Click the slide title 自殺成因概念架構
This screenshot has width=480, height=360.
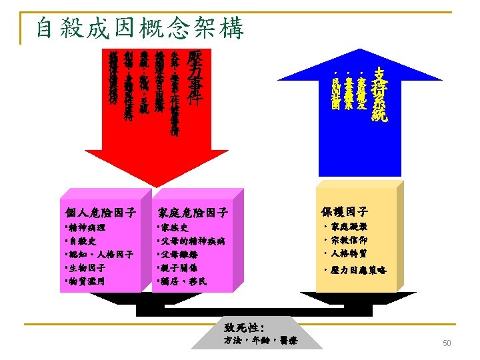click(140, 28)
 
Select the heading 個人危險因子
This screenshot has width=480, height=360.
click(98, 213)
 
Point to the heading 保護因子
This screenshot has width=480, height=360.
click(345, 211)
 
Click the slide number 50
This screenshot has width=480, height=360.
click(447, 343)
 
